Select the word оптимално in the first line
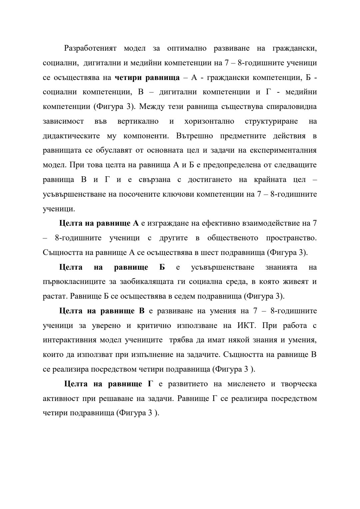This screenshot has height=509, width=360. coord(187,48)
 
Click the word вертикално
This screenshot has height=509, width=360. coord(138,121)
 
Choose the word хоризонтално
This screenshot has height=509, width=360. coord(209,121)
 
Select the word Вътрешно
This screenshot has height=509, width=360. coord(194,136)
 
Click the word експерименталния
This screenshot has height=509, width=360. coord(282,150)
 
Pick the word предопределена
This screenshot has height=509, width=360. coord(246,165)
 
